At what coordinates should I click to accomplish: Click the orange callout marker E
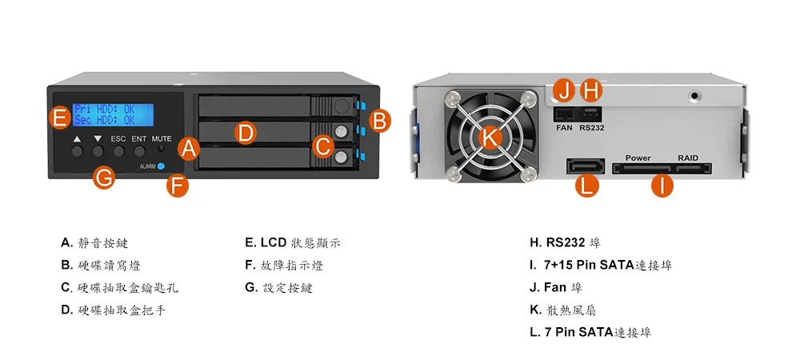point(61,118)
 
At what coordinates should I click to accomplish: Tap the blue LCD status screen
point(113,114)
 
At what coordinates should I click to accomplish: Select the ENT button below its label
point(139,150)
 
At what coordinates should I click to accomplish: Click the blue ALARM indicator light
point(162,166)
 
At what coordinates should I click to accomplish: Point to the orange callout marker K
point(490,136)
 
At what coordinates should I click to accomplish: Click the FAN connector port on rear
point(564,114)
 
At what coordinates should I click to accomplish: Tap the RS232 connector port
point(591,114)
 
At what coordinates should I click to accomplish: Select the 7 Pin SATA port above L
point(586,166)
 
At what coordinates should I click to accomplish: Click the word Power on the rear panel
point(638,158)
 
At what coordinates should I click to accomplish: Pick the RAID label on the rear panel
point(688,158)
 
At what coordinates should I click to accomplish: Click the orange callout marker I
point(662,186)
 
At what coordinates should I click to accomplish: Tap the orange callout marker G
point(104,178)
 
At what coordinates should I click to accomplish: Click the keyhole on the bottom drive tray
point(342,158)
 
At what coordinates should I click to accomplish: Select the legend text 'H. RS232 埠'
point(566,242)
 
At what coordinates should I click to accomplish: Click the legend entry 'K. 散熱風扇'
point(562,310)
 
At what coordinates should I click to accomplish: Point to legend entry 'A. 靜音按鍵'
point(94,242)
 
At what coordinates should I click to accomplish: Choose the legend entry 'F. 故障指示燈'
point(284,265)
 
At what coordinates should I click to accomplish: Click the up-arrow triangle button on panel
point(77,150)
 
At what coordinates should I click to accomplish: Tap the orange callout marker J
point(564,91)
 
